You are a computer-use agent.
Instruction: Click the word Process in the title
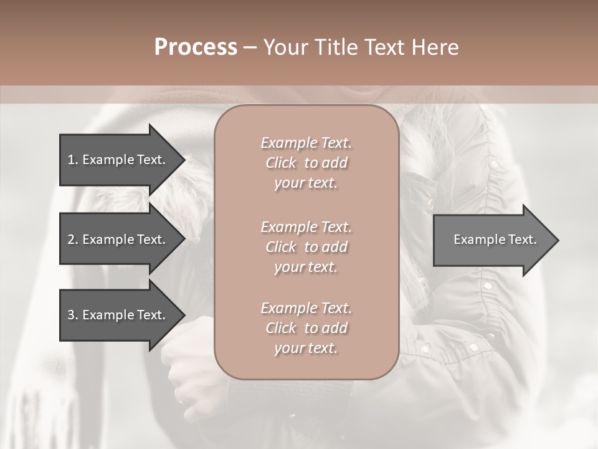(x=196, y=47)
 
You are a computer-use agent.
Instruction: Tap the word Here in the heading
(x=435, y=47)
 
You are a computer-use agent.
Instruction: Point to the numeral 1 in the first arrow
(x=70, y=160)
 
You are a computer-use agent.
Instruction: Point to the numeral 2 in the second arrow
(x=71, y=239)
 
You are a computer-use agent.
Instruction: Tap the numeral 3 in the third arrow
(x=71, y=315)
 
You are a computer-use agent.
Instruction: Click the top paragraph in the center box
(x=306, y=163)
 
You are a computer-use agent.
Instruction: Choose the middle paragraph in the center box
(x=306, y=246)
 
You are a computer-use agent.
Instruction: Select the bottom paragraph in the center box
(x=306, y=328)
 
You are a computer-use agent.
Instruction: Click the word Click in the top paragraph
(x=281, y=163)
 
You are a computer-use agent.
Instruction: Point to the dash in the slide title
(x=250, y=47)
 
